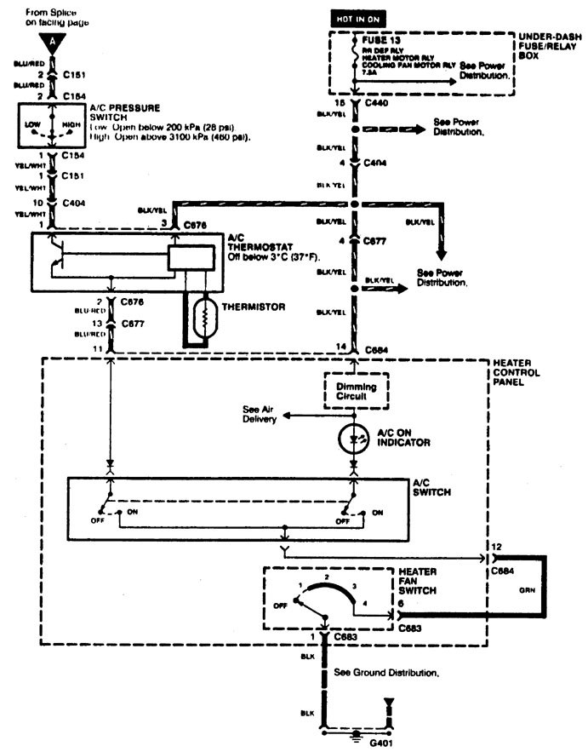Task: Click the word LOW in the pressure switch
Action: [33, 124]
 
